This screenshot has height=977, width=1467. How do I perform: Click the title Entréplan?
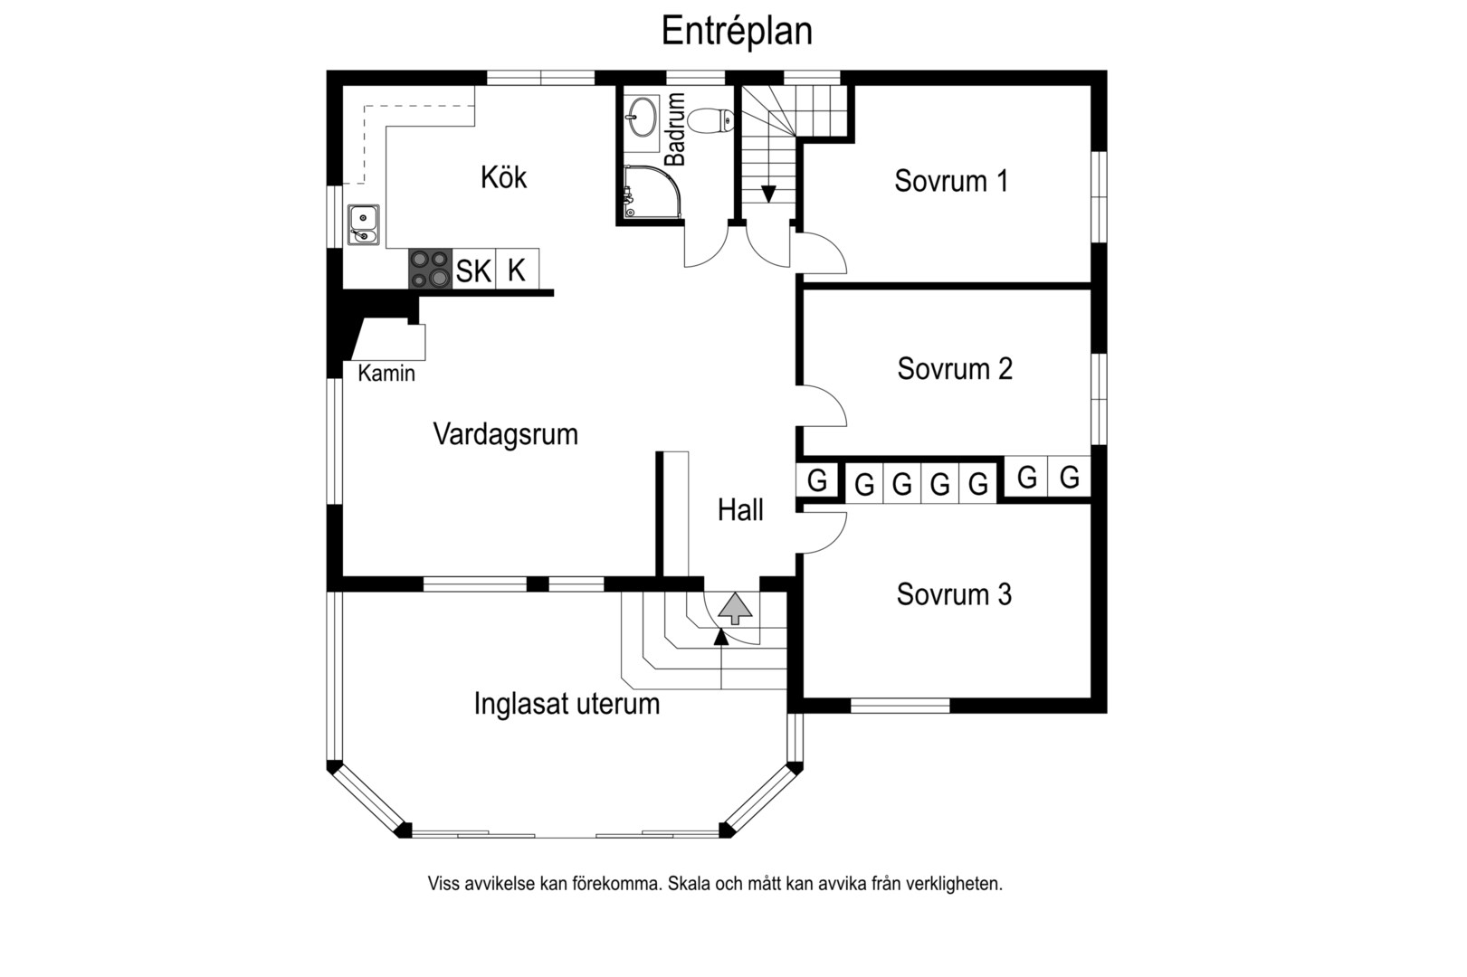(x=737, y=31)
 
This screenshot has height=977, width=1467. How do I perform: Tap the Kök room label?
(x=503, y=177)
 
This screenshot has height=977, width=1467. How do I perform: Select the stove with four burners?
(x=430, y=269)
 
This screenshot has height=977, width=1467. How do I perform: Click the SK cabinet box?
(x=473, y=269)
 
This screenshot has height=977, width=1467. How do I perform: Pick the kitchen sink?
(x=363, y=224)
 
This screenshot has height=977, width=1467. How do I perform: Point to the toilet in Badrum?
(x=710, y=120)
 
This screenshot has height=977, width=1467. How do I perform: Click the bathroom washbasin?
(x=641, y=117)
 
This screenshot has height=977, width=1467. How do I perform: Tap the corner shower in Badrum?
(x=652, y=191)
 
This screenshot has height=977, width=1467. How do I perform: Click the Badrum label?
(x=674, y=129)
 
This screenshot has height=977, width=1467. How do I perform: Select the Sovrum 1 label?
(x=951, y=181)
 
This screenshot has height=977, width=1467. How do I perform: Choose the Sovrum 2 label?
(x=955, y=369)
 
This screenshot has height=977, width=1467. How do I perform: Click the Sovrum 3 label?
(x=954, y=594)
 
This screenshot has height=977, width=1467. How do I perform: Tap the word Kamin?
(x=386, y=374)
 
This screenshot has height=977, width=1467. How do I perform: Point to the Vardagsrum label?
(x=506, y=435)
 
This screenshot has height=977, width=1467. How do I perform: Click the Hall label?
(x=740, y=510)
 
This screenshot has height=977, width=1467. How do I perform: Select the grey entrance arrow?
(x=736, y=608)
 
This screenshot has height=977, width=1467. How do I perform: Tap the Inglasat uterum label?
(x=567, y=704)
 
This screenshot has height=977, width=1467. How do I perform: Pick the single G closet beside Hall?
(x=816, y=480)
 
